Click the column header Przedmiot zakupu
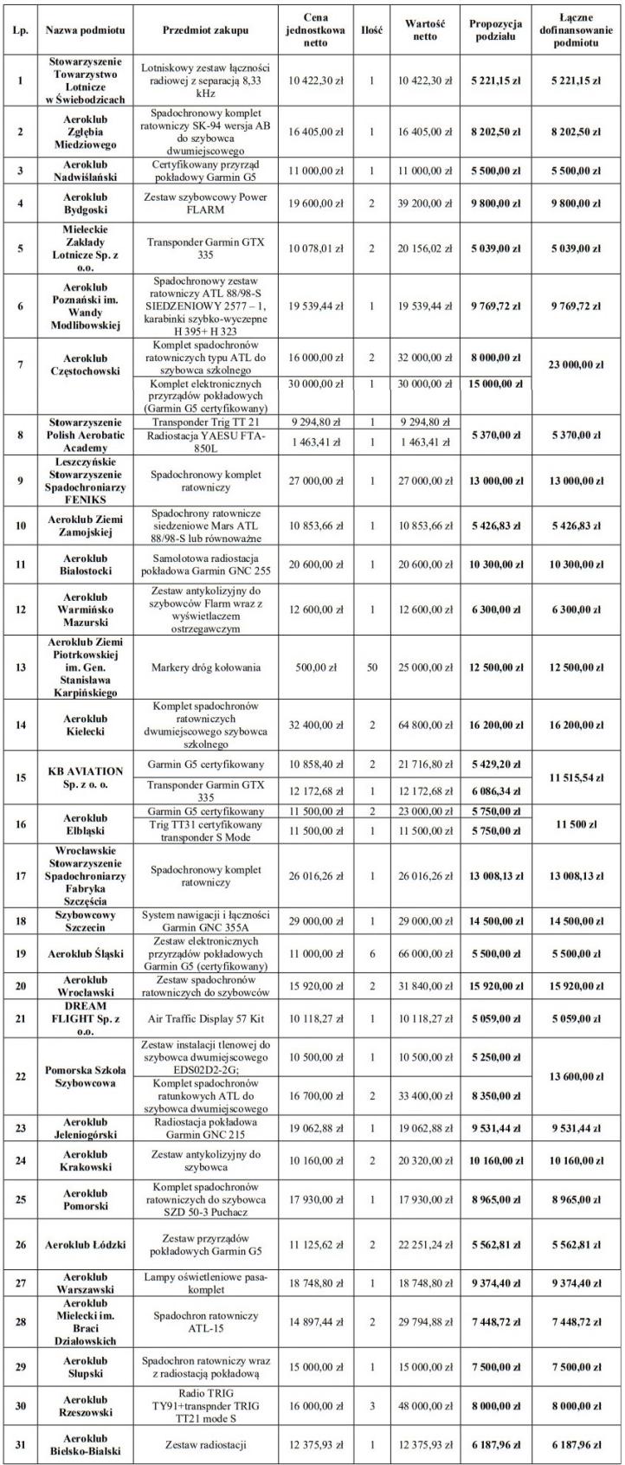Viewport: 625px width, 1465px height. [205, 29]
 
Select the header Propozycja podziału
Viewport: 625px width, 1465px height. [495, 29]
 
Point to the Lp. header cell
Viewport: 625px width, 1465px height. [19, 29]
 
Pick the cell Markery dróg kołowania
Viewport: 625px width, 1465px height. [205, 668]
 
